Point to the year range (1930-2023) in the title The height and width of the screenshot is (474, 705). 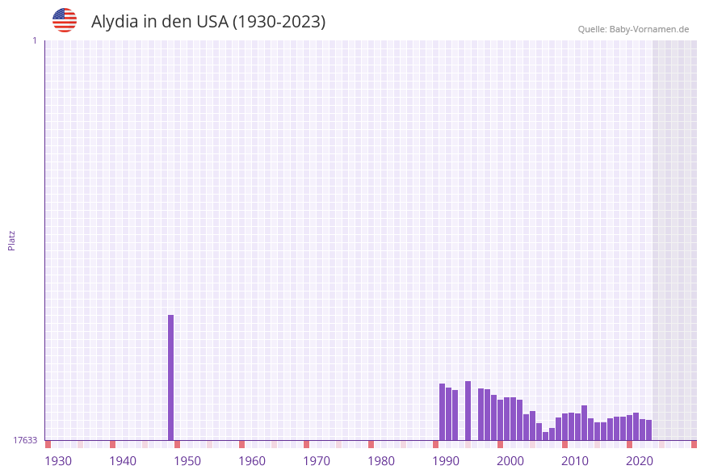tap(279, 22)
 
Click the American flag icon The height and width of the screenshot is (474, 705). tap(65, 20)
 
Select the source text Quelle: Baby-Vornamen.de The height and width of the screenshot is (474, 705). tap(633, 29)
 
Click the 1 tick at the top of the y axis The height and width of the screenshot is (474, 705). tap(34, 40)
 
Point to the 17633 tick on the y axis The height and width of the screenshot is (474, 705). tap(25, 440)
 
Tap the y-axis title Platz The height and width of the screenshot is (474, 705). tap(12, 240)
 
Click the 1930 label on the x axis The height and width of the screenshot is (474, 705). tap(58, 461)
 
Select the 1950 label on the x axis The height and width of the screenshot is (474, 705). tap(187, 461)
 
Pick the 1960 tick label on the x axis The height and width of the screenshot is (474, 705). tap(252, 461)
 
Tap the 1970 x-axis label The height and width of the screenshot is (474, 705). tap(317, 461)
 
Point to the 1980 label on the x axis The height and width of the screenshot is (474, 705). tap(381, 461)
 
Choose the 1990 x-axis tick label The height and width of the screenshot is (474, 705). tap(446, 461)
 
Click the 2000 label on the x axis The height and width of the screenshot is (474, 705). tap(510, 461)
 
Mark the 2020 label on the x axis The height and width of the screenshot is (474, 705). tap(640, 461)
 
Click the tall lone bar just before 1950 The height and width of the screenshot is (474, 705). tap(171, 377)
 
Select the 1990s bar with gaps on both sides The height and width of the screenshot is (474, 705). tap(468, 410)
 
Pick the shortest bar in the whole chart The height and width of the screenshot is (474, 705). tap(545, 436)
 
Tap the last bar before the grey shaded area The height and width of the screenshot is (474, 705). tap(648, 430)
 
